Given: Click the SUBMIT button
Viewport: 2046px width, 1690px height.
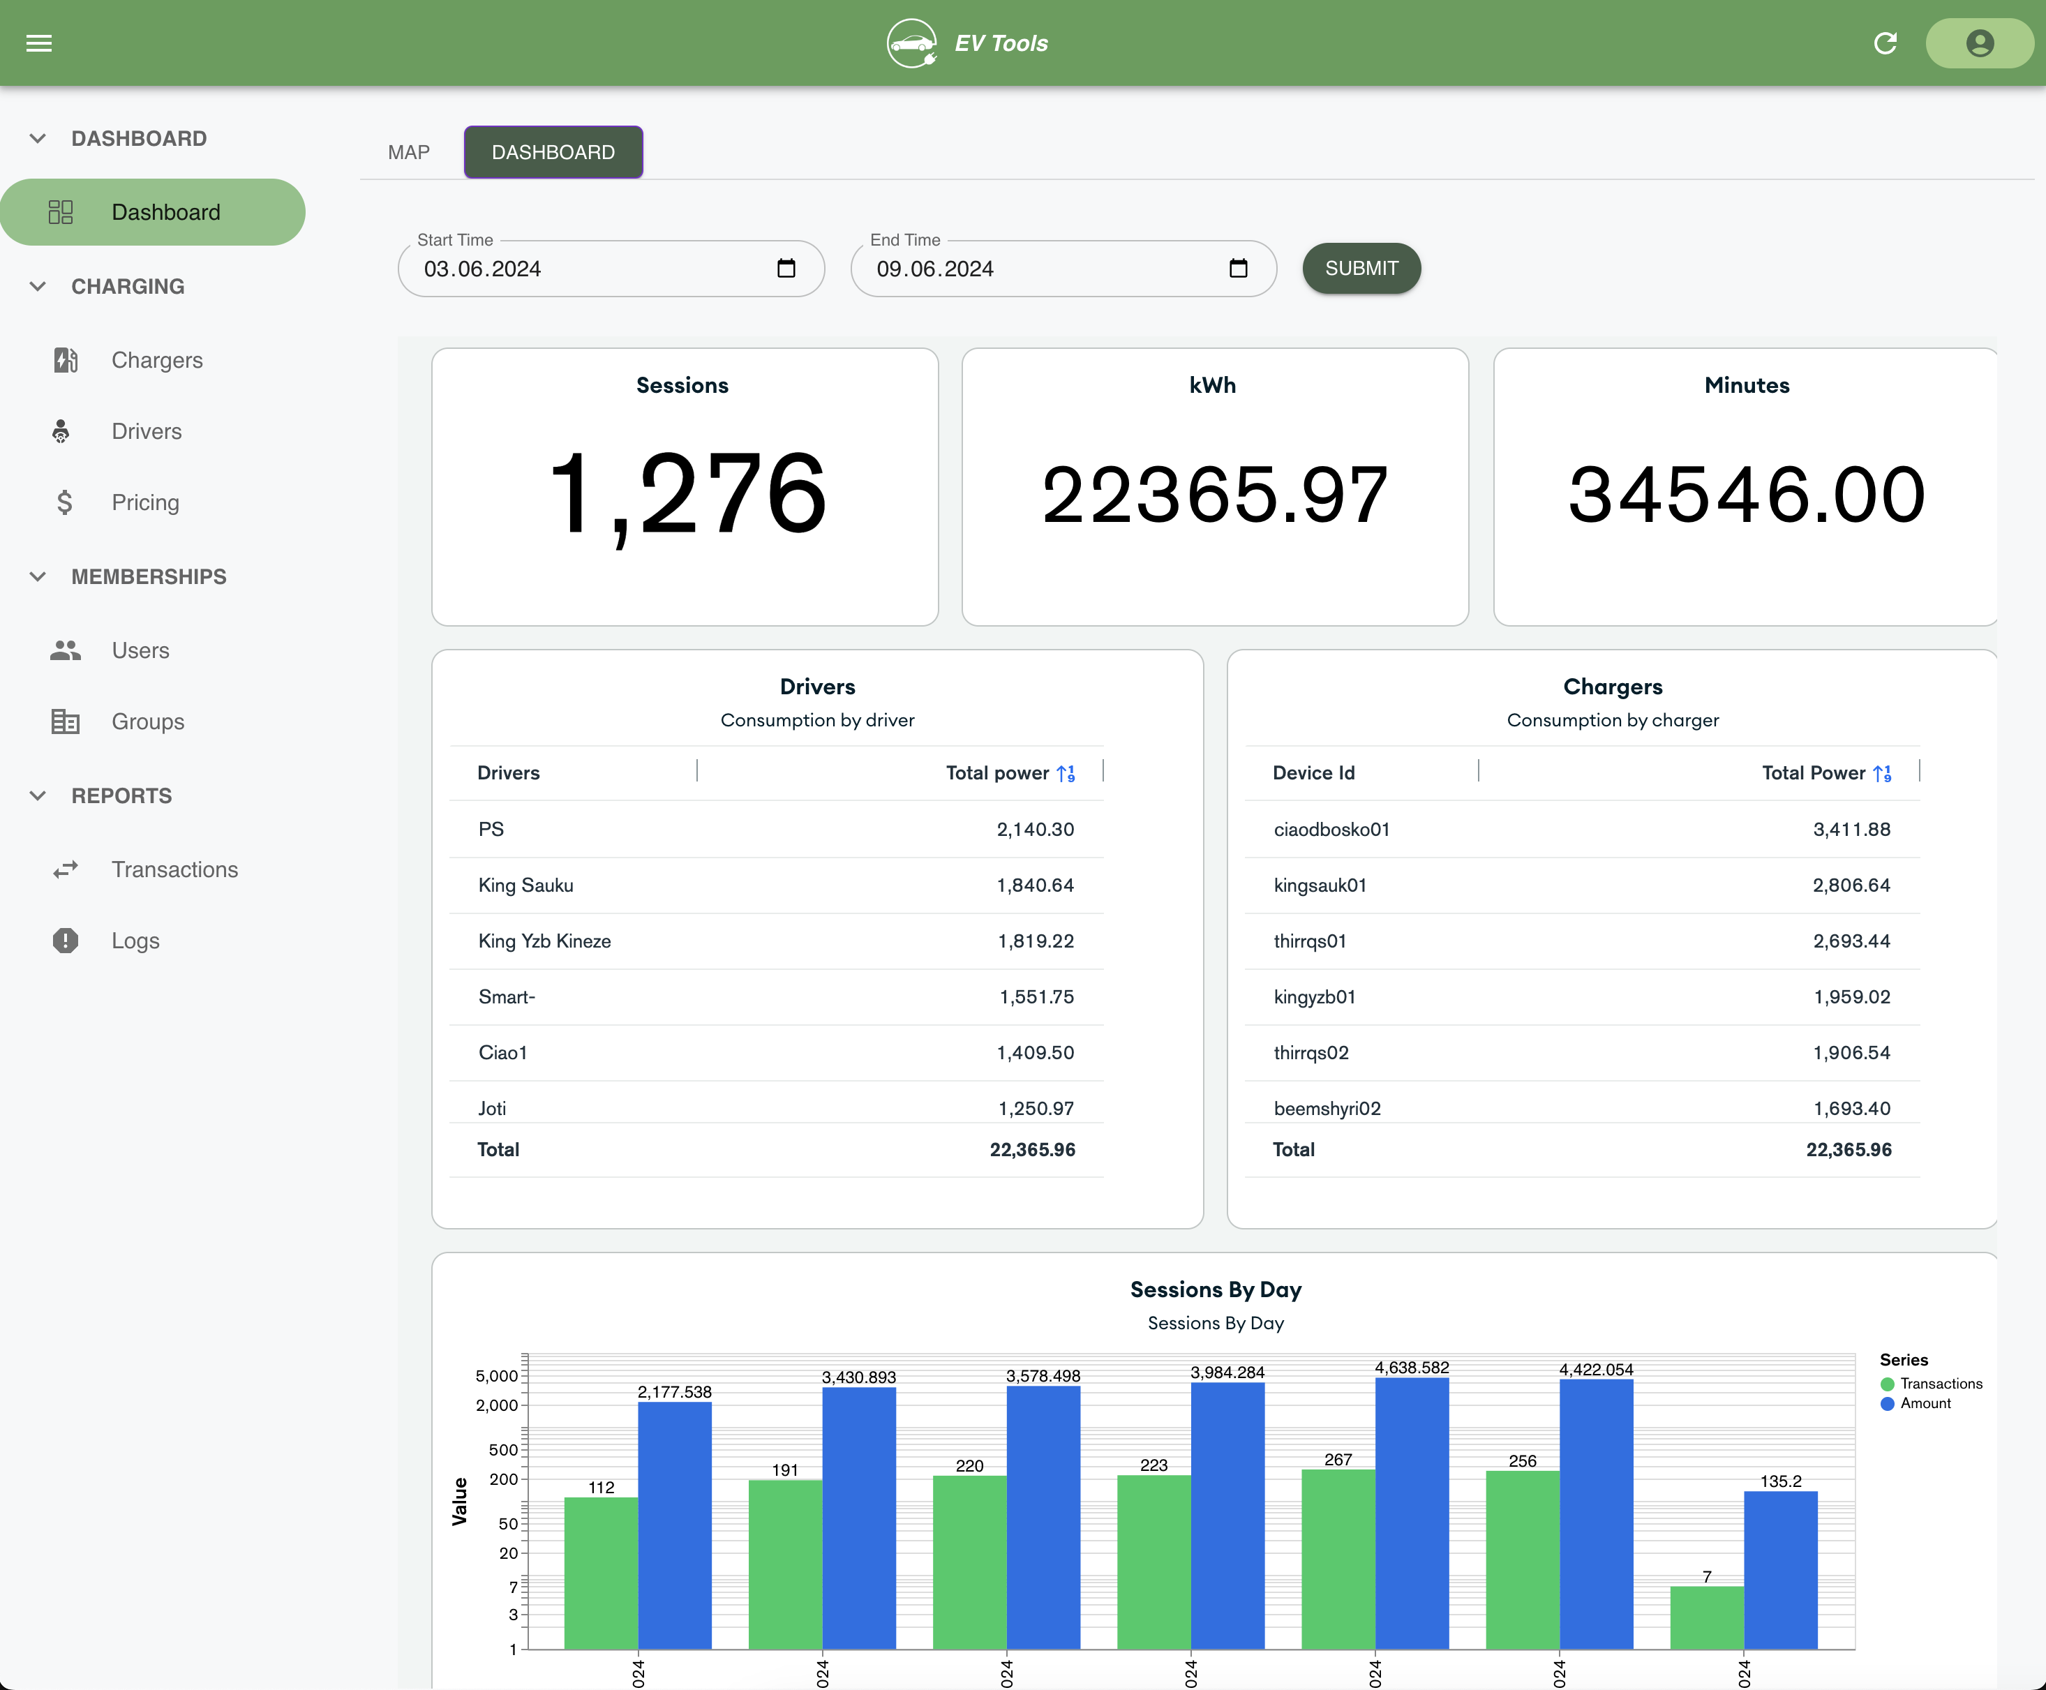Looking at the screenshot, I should pos(1361,268).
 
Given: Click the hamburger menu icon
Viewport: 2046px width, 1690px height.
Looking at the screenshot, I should pos(39,43).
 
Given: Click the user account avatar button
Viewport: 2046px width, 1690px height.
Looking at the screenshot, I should pos(1979,43).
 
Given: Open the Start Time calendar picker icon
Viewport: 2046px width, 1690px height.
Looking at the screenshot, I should pos(786,269).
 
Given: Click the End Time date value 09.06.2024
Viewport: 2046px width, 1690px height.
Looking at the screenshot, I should pos(934,269).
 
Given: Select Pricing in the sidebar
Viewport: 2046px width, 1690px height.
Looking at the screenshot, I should pos(145,502).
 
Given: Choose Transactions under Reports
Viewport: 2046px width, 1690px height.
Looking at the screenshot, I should pos(174,869).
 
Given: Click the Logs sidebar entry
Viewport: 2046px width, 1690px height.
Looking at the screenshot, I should pos(135,941).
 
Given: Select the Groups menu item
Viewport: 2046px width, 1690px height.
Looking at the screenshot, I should pos(147,721).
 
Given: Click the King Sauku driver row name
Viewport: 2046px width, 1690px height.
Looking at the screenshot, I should pos(525,885).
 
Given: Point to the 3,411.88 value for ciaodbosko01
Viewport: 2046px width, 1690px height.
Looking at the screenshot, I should pos(1851,830).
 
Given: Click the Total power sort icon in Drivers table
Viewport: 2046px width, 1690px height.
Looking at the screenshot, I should pos(1066,773).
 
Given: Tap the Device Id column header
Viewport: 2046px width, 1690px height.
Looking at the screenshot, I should pos(1313,773).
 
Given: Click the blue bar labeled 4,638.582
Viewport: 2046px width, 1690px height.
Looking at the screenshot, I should pos(1412,1513).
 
